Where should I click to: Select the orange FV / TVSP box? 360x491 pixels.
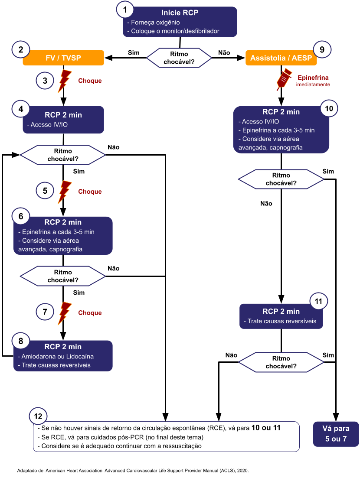[63, 58]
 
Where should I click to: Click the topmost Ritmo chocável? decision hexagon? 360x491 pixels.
[179, 58]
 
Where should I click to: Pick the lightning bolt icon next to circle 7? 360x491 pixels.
[65, 312]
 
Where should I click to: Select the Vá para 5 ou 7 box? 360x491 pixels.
[336, 434]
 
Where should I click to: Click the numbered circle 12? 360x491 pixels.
[38, 416]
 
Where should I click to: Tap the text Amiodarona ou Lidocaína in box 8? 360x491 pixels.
[56, 356]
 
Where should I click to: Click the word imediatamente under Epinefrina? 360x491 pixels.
[313, 85]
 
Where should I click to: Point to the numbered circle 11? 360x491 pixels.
[319, 302]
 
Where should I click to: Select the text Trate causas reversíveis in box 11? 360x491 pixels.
[282, 322]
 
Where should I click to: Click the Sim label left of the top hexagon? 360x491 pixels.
[134, 52]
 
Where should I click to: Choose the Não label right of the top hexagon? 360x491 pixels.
[224, 52]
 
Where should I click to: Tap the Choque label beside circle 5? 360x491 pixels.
[90, 192]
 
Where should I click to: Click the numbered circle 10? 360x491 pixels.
[328, 109]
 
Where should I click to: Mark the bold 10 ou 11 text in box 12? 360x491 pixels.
[266, 428]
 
